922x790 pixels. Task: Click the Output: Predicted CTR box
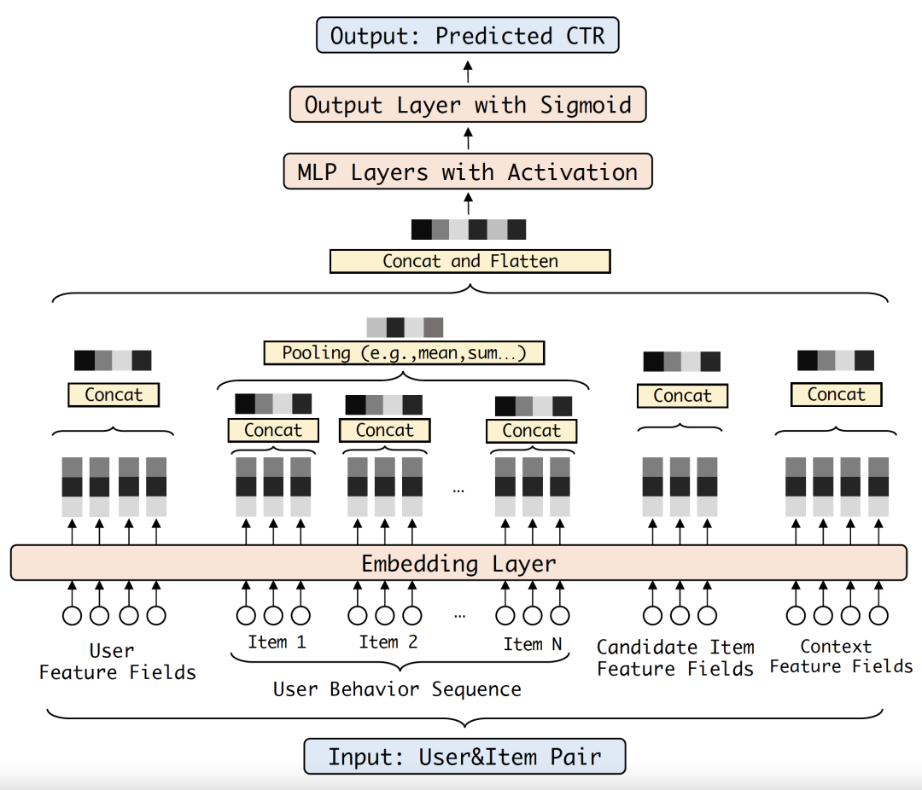point(468,35)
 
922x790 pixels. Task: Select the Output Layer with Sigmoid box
point(468,105)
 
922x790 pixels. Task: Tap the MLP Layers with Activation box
point(468,171)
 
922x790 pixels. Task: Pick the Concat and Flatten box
point(470,261)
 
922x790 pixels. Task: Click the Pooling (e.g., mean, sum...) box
point(404,352)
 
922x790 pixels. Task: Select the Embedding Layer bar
point(458,563)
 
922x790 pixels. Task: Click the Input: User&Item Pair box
point(464,757)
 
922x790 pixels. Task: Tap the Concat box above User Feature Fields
point(114,394)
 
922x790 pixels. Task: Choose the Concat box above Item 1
point(273,430)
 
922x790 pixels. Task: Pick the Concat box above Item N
point(532,431)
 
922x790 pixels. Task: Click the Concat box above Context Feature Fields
point(836,394)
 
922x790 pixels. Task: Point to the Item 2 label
point(388,642)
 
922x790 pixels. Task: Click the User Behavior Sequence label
point(398,688)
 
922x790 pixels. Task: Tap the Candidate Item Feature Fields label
point(675,658)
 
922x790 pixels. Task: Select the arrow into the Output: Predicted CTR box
point(468,71)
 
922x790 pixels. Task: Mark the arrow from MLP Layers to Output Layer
point(468,139)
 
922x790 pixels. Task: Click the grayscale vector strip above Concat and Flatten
point(469,229)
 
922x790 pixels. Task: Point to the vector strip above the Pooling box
point(405,328)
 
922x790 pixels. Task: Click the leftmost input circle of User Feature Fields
point(72,615)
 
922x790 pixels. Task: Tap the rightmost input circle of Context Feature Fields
point(878,615)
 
